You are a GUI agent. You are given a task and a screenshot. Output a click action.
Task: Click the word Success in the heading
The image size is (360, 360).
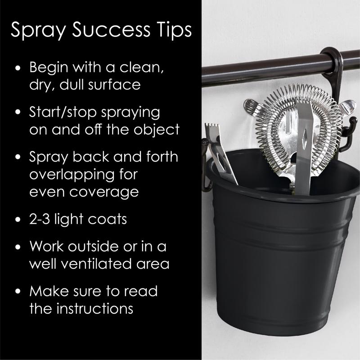pos(111,30)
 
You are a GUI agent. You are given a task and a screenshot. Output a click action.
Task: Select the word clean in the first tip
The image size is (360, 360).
pos(142,67)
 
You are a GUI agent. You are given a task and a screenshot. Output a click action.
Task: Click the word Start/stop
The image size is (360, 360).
pos(63,112)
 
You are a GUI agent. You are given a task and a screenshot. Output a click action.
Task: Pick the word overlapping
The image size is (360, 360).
pos(72,175)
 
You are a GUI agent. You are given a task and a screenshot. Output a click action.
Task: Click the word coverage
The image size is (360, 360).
pos(104,193)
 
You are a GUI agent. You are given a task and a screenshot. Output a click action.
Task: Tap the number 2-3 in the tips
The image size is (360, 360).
pos(40,219)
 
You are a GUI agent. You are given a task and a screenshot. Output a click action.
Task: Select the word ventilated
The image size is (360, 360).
pos(98,264)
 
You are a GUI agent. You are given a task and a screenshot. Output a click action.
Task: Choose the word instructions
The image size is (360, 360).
pos(95,308)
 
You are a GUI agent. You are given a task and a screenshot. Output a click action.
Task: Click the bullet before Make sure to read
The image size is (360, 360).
pos(18,291)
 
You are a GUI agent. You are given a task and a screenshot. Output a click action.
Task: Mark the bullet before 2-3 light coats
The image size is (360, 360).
pos(18,219)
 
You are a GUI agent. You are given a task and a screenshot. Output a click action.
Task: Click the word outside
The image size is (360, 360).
pos(94,246)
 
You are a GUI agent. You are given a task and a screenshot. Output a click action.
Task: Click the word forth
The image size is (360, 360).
pos(162,157)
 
